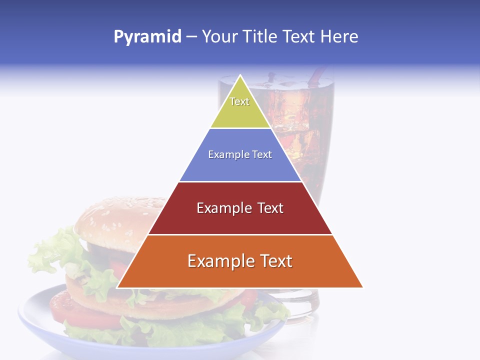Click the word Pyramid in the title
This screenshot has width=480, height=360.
click(x=147, y=37)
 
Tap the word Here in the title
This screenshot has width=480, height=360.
click(x=339, y=36)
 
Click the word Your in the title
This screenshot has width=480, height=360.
click(x=219, y=36)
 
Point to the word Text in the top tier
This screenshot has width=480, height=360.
click(x=239, y=101)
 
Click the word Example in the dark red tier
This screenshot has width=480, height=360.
click(x=219, y=208)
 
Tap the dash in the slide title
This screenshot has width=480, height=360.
click(x=191, y=37)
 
